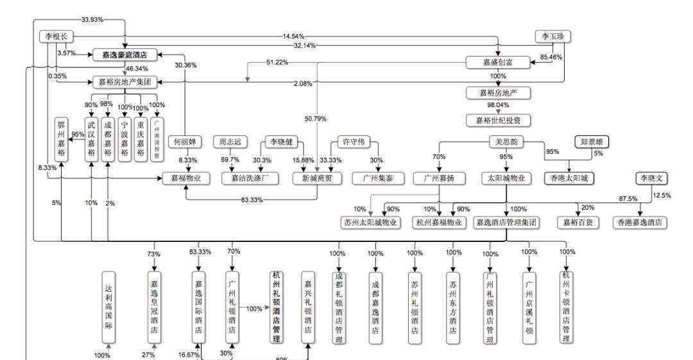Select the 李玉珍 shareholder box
(x=552, y=37)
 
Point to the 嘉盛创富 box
(x=498, y=62)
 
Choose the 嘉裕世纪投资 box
(x=498, y=120)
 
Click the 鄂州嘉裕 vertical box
(x=62, y=141)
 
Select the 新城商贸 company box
(x=317, y=178)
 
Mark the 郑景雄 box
(x=591, y=142)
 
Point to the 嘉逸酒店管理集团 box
(x=506, y=223)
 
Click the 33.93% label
(x=92, y=19)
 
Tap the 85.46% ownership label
(x=551, y=57)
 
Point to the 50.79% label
(x=316, y=119)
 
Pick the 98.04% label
(x=498, y=105)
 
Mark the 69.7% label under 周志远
(x=230, y=159)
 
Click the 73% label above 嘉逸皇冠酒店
(x=153, y=254)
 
